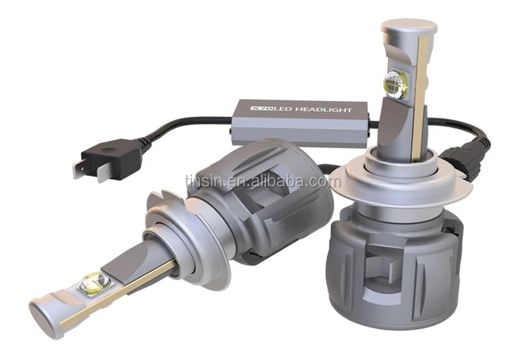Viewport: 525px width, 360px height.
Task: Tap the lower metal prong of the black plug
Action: tap(104, 174)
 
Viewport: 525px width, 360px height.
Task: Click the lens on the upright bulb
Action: tap(395, 84)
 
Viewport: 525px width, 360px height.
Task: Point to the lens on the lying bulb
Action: tap(95, 283)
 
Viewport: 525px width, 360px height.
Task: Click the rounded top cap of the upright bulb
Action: tap(409, 26)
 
